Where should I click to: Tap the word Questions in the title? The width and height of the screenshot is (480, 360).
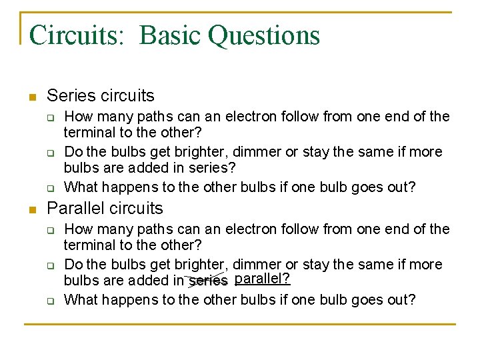pos(264,35)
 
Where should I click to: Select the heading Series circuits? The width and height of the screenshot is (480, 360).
pos(101,96)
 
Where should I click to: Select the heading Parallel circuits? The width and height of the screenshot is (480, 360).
pos(105,209)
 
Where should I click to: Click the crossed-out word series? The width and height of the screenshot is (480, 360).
pos(208,281)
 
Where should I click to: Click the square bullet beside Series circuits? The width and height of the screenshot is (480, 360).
pos(31,97)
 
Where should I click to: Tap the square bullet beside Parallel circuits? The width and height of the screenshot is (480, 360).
pos(31,210)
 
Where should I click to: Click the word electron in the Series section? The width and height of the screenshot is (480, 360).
pos(250,117)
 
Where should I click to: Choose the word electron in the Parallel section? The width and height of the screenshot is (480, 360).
pos(250,229)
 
